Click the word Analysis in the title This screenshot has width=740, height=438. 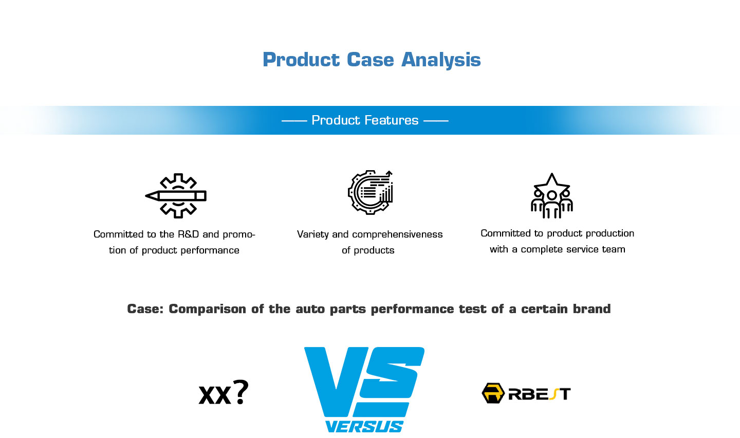click(441, 60)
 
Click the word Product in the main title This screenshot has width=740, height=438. click(301, 60)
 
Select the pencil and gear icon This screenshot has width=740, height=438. click(176, 196)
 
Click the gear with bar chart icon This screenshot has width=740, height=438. click(371, 192)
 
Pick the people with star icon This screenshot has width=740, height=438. click(552, 196)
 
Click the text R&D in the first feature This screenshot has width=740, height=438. click(188, 234)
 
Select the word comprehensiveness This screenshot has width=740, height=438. click(397, 234)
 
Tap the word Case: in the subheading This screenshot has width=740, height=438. click(145, 309)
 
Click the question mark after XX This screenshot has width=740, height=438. click(240, 392)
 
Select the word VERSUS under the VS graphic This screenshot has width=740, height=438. click(364, 427)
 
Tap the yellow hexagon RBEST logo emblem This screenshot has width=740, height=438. click(493, 393)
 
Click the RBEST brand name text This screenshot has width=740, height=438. click(540, 394)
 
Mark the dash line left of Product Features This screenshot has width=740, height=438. click(294, 121)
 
